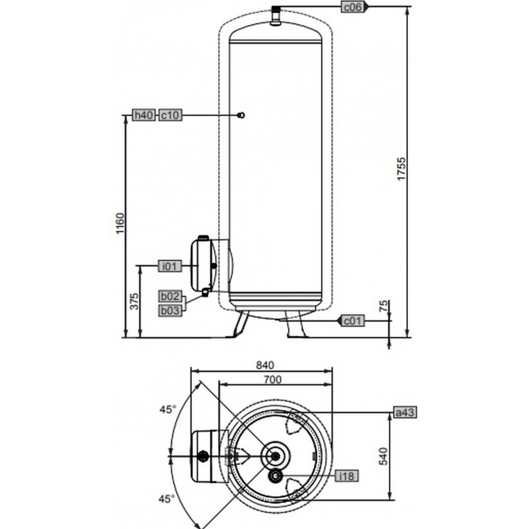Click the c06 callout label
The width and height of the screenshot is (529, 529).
(353, 7)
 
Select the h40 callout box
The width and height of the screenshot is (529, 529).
(143, 115)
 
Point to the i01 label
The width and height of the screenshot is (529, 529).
(171, 266)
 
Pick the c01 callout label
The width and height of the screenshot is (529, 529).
(353, 321)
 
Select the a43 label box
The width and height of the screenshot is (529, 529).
(405, 412)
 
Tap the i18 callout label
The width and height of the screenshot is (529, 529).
(346, 475)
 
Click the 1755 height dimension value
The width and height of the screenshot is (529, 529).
(401, 169)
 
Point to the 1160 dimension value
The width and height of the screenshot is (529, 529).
(120, 224)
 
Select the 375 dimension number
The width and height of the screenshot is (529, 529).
(134, 302)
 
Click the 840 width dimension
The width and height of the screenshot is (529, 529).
(265, 365)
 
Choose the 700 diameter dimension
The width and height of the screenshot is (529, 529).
(272, 380)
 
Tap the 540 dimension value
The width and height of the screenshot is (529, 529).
(384, 456)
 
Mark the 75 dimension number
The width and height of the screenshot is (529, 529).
(384, 306)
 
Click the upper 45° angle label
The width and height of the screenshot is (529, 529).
(168, 409)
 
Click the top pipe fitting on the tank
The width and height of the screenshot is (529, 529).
(276, 15)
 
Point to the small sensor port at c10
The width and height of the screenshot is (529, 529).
(241, 115)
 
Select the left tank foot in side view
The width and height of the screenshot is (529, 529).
(239, 324)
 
